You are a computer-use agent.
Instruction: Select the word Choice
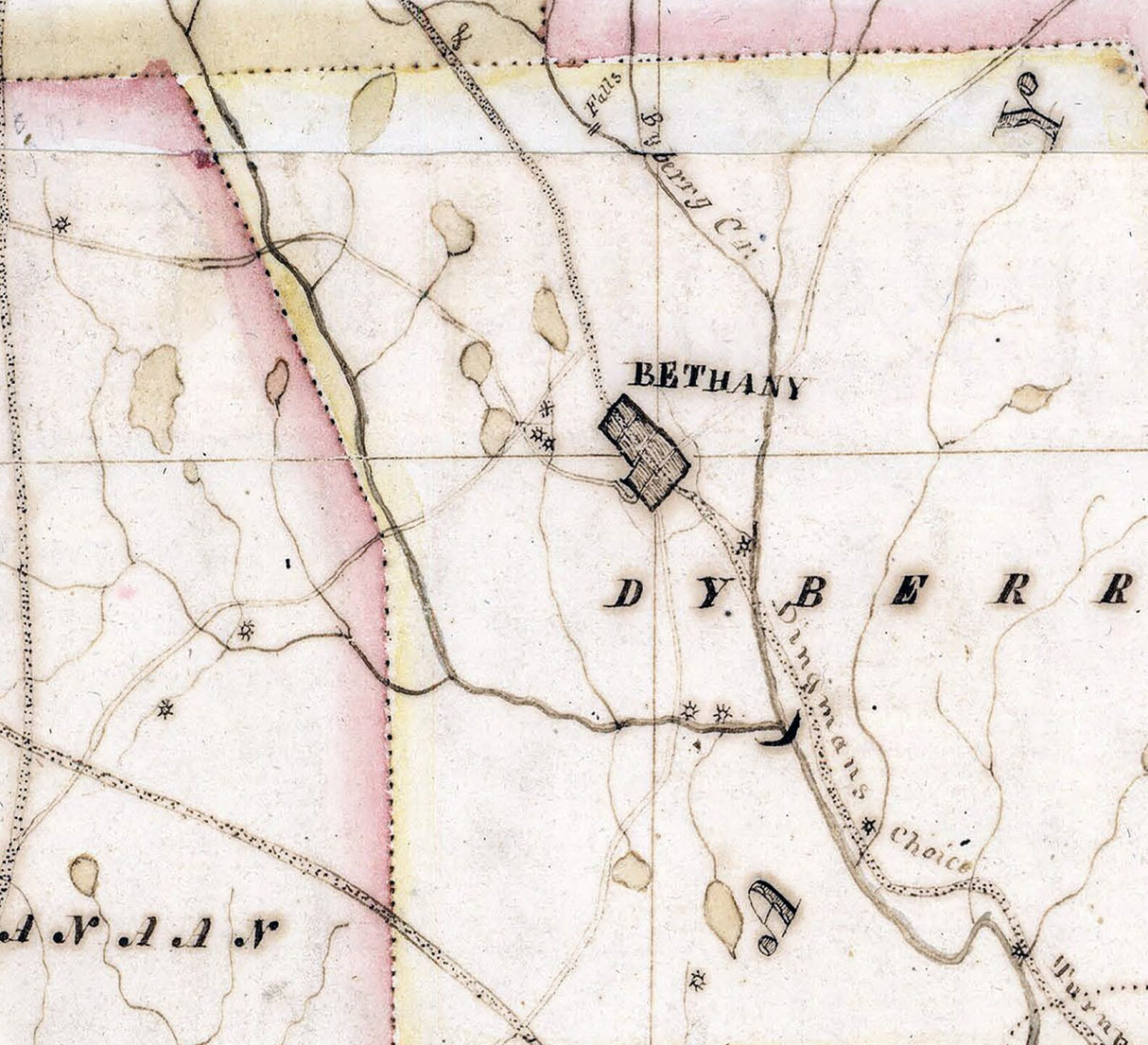coord(931,849)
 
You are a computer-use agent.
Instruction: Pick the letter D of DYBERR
coord(624,593)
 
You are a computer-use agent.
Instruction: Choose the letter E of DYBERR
coord(906,590)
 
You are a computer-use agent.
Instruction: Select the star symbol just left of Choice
coord(868,827)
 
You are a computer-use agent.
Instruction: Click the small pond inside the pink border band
coord(276,381)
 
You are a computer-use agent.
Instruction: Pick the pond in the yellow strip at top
coord(372,109)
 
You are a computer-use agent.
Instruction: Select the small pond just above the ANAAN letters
coord(84,874)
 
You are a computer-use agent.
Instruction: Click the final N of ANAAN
coord(254,932)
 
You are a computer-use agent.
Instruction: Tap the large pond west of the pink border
coord(156,394)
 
